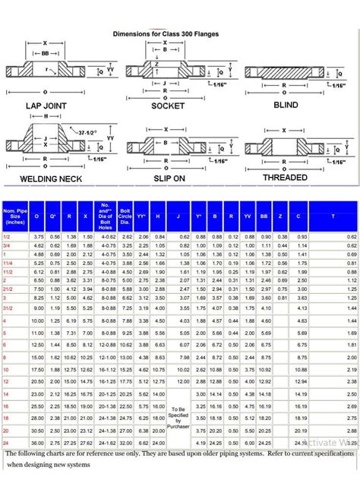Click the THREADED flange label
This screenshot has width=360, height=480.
click(x=285, y=178)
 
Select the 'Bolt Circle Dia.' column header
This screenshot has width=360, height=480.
click(x=126, y=216)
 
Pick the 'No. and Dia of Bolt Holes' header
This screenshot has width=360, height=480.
click(x=106, y=216)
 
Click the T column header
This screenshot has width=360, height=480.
click(x=332, y=216)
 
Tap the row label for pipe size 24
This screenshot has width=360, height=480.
click(x=6, y=442)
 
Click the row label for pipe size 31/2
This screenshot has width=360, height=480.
click(x=8, y=287)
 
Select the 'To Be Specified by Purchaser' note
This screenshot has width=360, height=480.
click(x=178, y=418)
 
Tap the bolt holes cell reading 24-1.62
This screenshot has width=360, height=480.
click(x=106, y=442)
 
